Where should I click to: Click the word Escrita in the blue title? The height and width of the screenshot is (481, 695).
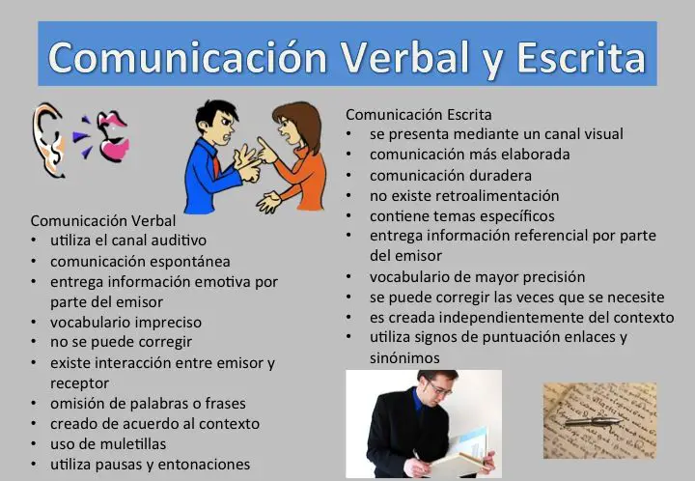(581, 57)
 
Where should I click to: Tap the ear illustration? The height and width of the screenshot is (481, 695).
(48, 140)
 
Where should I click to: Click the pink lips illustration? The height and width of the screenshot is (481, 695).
(113, 135)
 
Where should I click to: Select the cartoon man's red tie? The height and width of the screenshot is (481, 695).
(216, 165)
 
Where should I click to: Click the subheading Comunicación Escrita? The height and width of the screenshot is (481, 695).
(418, 115)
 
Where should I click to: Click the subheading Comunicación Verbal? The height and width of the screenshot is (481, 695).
(103, 221)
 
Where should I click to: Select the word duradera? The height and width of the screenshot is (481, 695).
(500, 176)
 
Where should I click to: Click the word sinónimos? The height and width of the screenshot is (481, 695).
(404, 357)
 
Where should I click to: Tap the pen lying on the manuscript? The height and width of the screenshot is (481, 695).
(593, 421)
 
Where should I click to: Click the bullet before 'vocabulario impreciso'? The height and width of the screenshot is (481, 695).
(34, 322)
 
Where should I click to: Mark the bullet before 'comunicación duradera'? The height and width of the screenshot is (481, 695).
(348, 176)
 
